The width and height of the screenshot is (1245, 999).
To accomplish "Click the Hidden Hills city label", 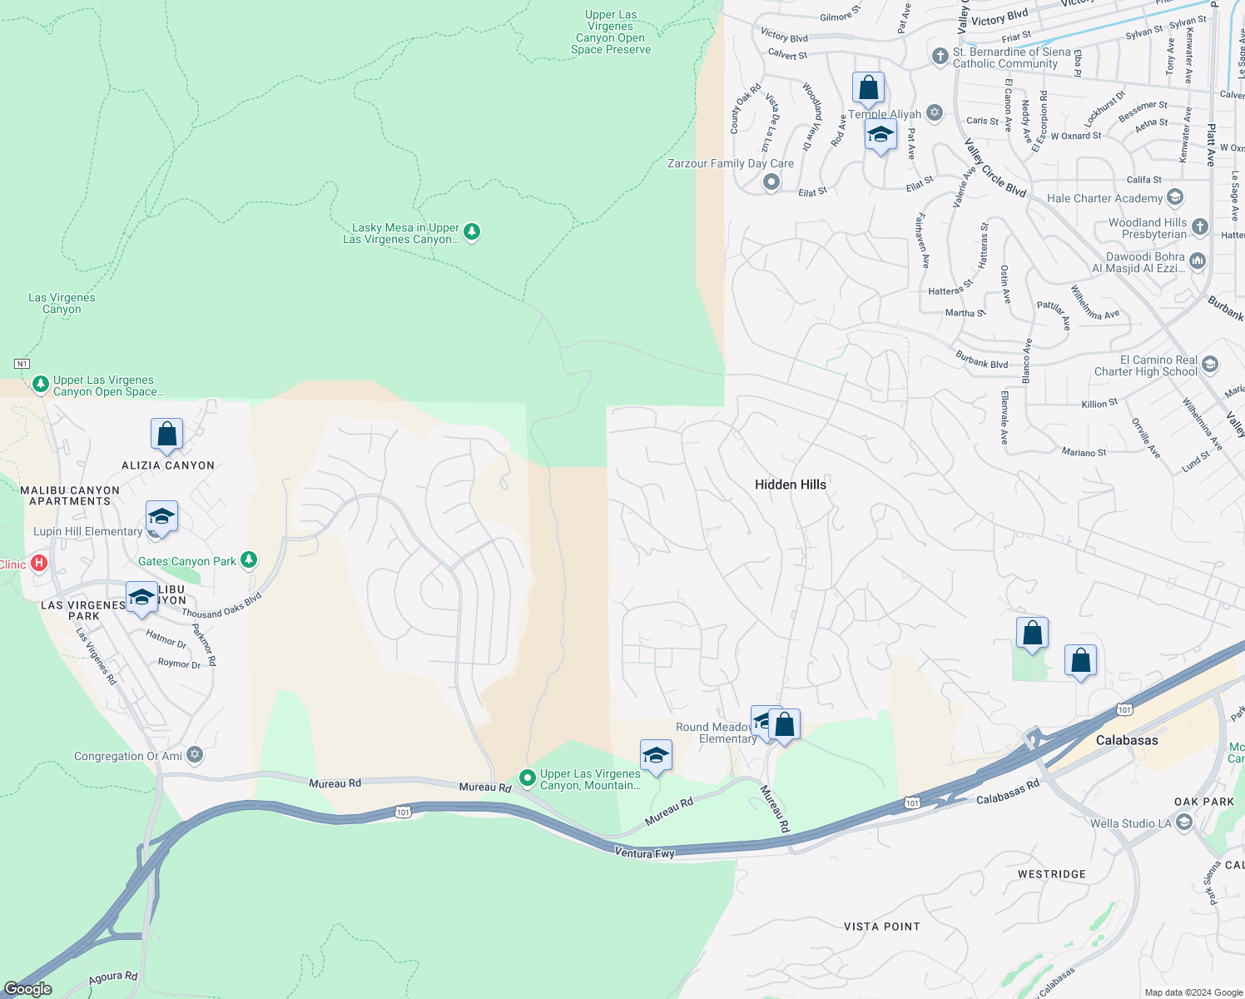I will click(x=790, y=485).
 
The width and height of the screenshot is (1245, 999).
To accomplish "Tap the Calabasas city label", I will click(x=1126, y=740).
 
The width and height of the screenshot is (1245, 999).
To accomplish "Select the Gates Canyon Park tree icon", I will click(x=249, y=560).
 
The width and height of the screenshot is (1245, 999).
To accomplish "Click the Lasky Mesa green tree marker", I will click(x=472, y=231).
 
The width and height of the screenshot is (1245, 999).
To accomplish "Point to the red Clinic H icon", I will click(x=38, y=564).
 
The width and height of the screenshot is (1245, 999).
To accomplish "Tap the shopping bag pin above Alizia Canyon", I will click(x=166, y=435).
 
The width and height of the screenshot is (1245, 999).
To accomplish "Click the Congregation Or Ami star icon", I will click(x=195, y=755).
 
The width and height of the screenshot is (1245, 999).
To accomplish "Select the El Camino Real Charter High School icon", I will click(x=1210, y=365).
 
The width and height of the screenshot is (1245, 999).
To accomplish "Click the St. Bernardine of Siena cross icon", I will click(x=940, y=57).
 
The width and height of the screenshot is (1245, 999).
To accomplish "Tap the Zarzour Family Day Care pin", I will click(x=771, y=181).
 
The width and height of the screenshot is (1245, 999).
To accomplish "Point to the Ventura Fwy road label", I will click(x=644, y=852).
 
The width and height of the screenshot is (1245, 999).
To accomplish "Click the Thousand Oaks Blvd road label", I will click(x=221, y=606).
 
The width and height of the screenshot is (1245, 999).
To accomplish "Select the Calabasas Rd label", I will click(x=1008, y=792).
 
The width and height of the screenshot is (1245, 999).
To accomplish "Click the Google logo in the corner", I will click(x=27, y=988).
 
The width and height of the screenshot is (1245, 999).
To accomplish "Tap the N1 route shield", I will click(x=22, y=364).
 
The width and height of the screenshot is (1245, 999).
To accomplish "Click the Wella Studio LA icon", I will click(x=1184, y=823).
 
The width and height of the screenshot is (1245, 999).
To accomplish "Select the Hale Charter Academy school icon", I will click(x=1175, y=197).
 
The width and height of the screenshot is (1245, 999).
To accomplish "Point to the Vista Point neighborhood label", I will click(x=881, y=927).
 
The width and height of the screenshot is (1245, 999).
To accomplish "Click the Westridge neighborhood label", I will click(x=1051, y=874).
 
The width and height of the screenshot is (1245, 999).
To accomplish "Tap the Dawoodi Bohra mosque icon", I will click(x=1198, y=261).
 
